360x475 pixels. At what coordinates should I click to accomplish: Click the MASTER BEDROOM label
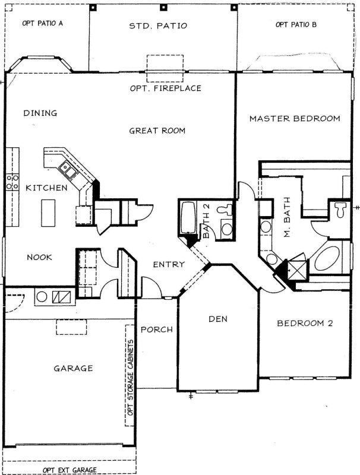pyautogui.click(x=295, y=118)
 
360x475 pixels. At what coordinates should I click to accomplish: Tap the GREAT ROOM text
pyautogui.click(x=157, y=131)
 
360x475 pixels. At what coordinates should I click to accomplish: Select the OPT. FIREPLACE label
pyautogui.click(x=165, y=88)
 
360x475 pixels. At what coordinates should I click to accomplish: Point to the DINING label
pyautogui.click(x=40, y=113)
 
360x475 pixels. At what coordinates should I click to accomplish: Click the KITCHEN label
pyautogui.click(x=46, y=188)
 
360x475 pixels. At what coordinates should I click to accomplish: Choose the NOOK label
pyautogui.click(x=40, y=257)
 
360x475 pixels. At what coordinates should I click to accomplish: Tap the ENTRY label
pyautogui.click(x=169, y=264)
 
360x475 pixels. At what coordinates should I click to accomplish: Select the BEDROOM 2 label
pyautogui.click(x=305, y=324)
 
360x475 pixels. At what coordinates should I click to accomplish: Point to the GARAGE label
pyautogui.click(x=73, y=368)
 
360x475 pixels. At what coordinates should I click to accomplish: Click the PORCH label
pyautogui.click(x=157, y=330)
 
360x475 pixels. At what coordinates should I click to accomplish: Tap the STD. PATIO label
pyautogui.click(x=158, y=26)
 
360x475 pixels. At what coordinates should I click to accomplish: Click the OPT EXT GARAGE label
pyautogui.click(x=70, y=470)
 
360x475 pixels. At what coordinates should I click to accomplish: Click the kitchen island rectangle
pyautogui.click(x=48, y=212)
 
